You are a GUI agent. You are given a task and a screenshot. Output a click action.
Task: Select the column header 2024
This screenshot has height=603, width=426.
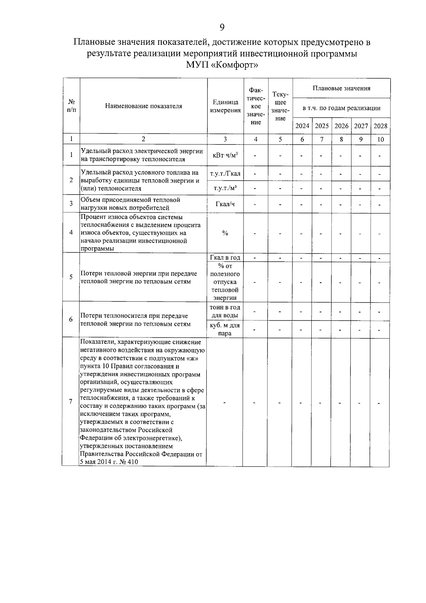(x=302, y=126)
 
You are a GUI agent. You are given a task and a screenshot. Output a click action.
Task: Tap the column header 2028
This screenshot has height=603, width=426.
(x=380, y=126)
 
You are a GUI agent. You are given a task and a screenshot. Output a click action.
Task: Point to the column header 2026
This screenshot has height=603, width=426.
(x=341, y=126)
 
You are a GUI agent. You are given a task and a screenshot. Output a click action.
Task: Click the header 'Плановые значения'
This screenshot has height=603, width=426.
(x=342, y=88)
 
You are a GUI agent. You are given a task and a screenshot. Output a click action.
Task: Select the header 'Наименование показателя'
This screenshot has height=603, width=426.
(x=143, y=106)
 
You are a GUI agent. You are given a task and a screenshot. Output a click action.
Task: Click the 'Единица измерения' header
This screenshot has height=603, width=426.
(x=225, y=106)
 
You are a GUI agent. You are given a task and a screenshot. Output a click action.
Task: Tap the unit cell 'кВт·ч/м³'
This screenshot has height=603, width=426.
(x=225, y=155)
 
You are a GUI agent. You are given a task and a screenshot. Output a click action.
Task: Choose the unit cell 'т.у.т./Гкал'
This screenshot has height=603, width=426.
(x=225, y=174)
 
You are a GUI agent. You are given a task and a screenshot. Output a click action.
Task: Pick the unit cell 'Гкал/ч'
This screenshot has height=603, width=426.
(x=225, y=204)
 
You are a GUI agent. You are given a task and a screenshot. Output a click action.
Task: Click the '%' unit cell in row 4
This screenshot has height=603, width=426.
(x=225, y=233)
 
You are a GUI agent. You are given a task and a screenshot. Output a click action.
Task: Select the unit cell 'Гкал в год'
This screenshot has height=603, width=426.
(x=225, y=258)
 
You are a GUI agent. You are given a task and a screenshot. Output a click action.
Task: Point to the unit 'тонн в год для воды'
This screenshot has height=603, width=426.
(x=225, y=311)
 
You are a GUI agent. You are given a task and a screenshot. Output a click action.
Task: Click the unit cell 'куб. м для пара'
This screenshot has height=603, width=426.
(x=225, y=329)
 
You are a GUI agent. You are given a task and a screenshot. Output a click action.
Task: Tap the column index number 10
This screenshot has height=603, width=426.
(x=380, y=140)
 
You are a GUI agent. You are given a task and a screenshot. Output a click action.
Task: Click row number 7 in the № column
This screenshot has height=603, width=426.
(x=71, y=402)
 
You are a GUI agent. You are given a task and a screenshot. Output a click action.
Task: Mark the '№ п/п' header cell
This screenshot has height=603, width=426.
(x=71, y=106)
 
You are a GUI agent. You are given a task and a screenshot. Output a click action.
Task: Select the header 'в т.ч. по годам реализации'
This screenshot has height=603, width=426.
(x=342, y=108)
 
